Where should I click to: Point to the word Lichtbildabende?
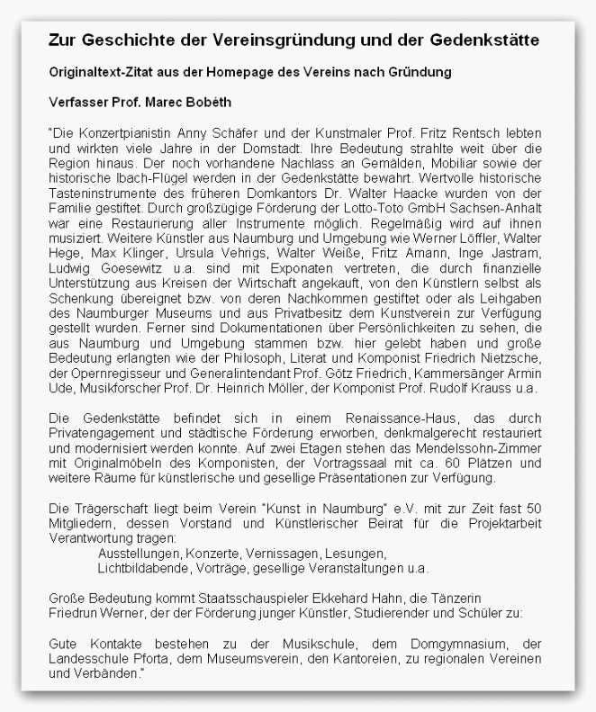click(x=141, y=569)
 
